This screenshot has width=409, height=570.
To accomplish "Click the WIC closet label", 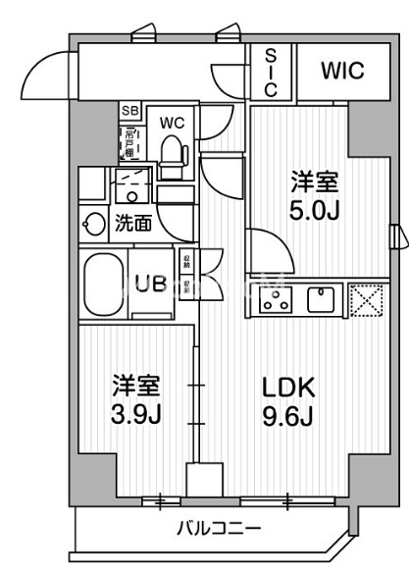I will [341, 72].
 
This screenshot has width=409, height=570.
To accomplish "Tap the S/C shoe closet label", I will [270, 71].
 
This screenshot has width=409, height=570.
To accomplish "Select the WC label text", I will [174, 123].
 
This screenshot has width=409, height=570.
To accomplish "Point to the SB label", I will [128, 111].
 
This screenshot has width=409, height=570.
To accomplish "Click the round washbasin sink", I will [96, 223].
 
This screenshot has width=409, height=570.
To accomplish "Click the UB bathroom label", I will [149, 285].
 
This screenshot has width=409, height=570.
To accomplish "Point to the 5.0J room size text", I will [316, 209].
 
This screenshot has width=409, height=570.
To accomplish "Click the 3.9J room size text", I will [135, 413].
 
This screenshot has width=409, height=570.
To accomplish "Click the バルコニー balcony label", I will [218, 529].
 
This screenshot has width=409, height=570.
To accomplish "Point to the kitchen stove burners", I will [277, 299].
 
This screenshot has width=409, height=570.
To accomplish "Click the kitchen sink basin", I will [322, 299].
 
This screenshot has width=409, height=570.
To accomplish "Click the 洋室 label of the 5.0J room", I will [316, 181].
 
